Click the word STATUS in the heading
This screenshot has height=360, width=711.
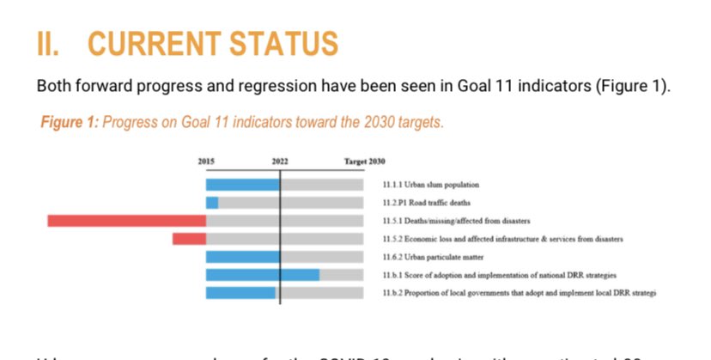[287, 44]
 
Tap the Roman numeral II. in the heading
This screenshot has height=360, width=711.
[51, 44]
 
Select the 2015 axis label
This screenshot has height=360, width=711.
[206, 162]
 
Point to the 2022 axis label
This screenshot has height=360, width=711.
[280, 162]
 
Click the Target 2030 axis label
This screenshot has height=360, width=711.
[365, 162]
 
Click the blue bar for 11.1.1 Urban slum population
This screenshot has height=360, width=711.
[243, 185]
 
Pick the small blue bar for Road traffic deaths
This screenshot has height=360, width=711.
[212, 203]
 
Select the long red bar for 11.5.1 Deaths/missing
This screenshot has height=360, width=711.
[127, 221]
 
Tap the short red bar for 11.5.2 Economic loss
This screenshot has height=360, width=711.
[189, 239]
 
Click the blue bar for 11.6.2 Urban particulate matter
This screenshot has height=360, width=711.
[243, 257]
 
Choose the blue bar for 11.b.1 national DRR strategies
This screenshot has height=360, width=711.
[263, 275]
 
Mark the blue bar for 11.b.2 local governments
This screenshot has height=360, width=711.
[240, 293]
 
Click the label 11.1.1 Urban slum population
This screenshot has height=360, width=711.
[430, 185]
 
